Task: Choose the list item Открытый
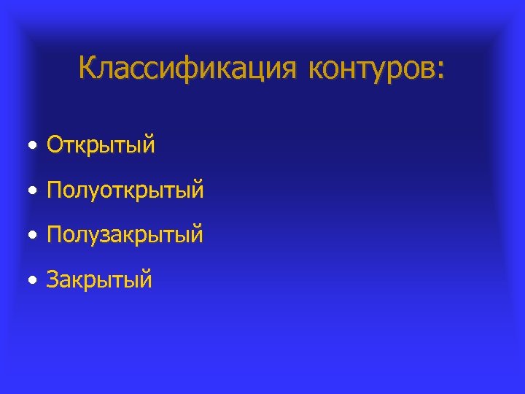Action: [x=101, y=145]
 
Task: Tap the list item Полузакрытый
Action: [x=125, y=235]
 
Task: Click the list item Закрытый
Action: [x=99, y=279]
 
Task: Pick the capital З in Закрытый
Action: [x=53, y=279]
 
